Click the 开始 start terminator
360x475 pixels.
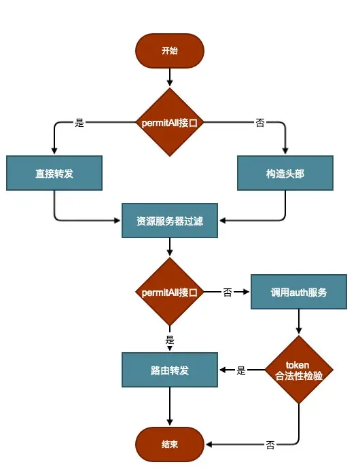tap(170, 51)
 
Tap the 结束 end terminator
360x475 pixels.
tap(170, 444)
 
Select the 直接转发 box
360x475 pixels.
tap(54, 173)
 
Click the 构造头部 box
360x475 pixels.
tap(285, 173)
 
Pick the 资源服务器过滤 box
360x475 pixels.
tap(170, 221)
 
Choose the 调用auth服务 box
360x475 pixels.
tap(299, 292)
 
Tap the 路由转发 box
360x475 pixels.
tap(170, 370)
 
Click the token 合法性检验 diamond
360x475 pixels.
tap(299, 370)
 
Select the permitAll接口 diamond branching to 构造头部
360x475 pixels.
tap(170, 123)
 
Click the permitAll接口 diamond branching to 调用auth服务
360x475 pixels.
tap(170, 292)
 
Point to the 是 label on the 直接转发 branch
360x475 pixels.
tap(79, 123)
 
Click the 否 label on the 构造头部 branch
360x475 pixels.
tap(260, 123)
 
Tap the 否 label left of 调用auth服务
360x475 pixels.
tap(228, 292)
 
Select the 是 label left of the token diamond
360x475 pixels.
tap(241, 370)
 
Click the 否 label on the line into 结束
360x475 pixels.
tap(270, 445)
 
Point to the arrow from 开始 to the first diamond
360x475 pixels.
tap(170, 78)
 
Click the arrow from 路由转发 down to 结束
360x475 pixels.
tap(170, 407)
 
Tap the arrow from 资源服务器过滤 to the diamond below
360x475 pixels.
tap(170, 248)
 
